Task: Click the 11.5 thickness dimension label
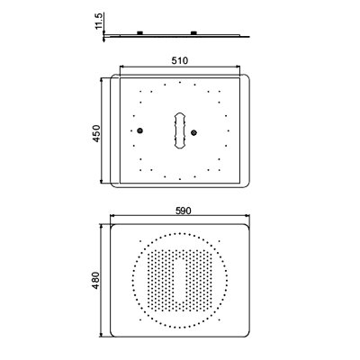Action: [99, 21]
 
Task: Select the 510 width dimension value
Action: [180, 60]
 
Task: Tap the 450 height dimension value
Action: [96, 133]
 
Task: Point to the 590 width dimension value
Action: [183, 211]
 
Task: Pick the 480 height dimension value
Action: [95, 281]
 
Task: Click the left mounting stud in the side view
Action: [140, 32]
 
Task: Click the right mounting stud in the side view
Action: [193, 32]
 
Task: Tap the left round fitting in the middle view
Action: [139, 130]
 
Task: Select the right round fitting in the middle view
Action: [194, 132]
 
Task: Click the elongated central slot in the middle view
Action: [180, 130]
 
